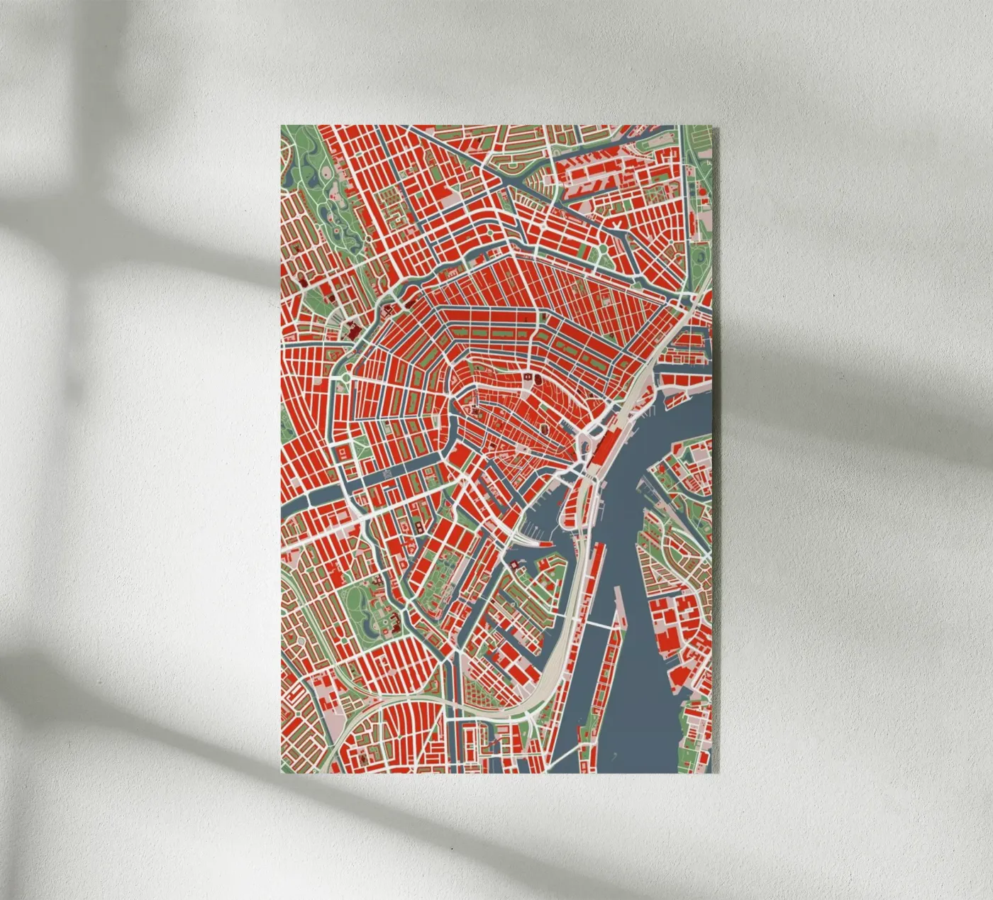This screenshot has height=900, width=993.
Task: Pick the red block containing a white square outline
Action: (343, 452)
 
